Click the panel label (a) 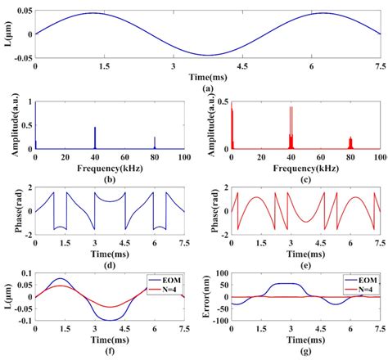click(x=208, y=88)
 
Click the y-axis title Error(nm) click(x=204, y=296)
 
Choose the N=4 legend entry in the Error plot click(x=362, y=289)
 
